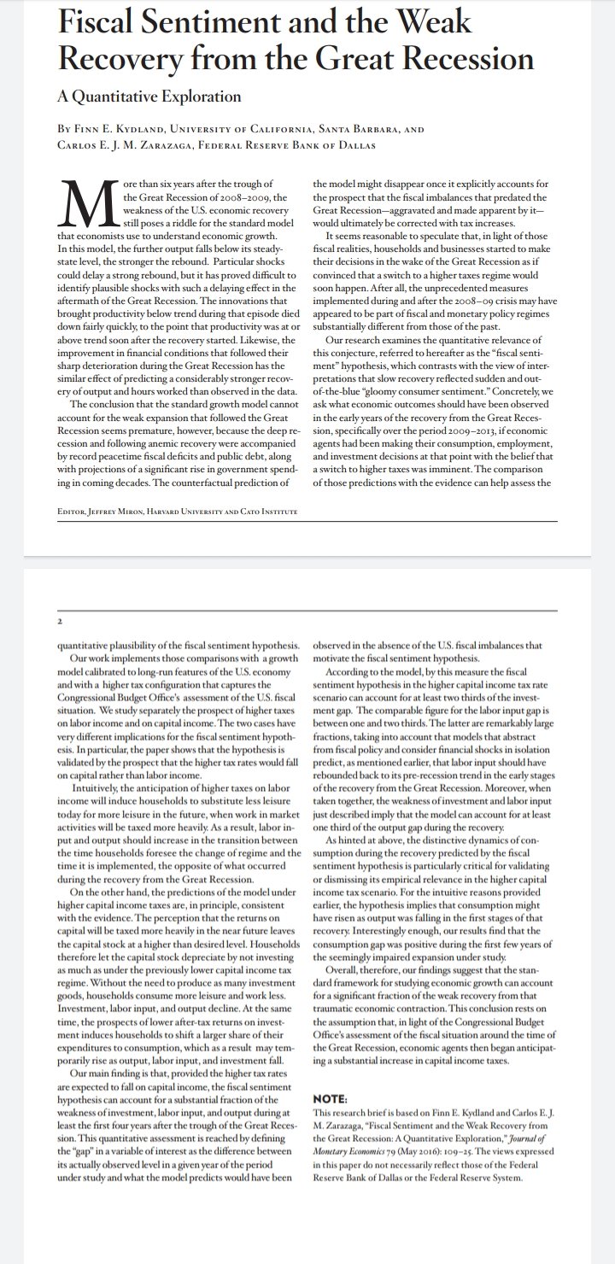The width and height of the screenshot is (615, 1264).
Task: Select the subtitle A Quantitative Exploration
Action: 149,97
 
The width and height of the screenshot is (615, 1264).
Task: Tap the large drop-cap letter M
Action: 87,206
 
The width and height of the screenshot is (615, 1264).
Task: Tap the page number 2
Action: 60,621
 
